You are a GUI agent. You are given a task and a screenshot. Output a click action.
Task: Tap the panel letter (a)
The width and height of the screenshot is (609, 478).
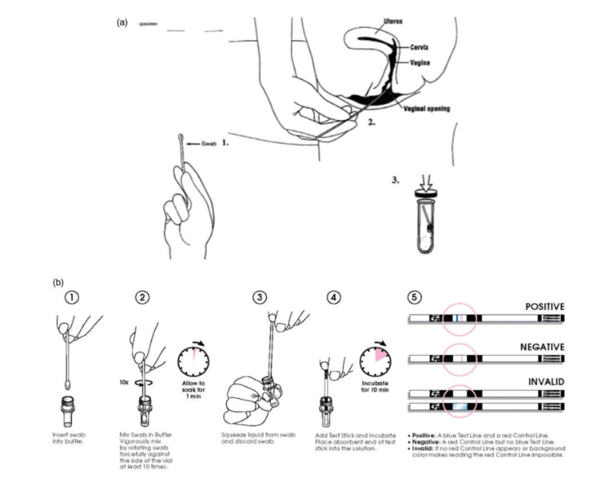coord(122,22)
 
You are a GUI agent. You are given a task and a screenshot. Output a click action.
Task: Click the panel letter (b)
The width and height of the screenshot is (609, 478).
coord(59,282)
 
